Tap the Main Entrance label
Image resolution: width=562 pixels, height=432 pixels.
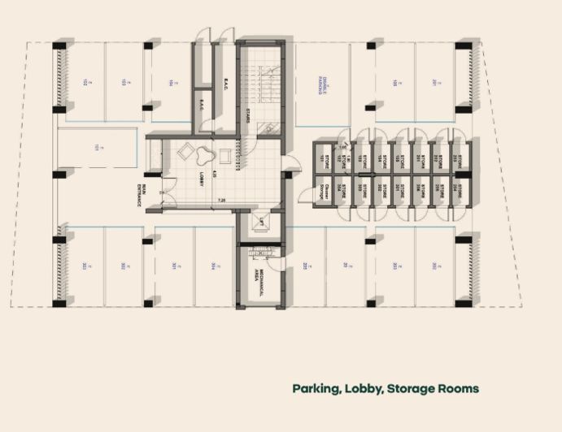coord(141,194)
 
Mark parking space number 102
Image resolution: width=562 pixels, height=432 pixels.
coord(85,82)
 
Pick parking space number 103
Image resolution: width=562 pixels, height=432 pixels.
coord(124,82)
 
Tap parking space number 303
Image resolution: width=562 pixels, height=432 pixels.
coord(85,265)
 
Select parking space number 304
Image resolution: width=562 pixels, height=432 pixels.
coord(211,265)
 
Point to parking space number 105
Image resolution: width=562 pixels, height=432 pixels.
coord(394,82)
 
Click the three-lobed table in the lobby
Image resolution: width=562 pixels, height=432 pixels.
coord(195,150)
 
